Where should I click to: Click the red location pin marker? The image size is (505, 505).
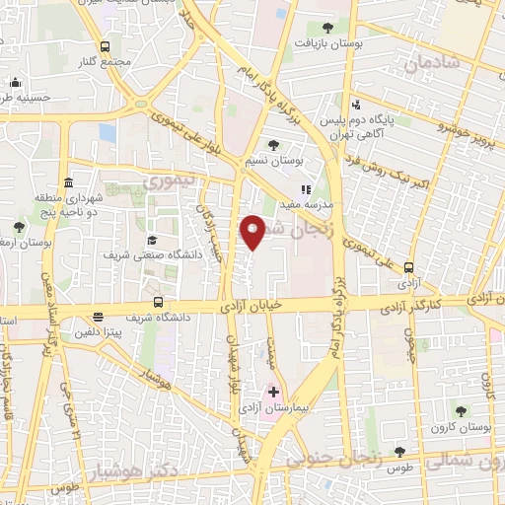point(253,231)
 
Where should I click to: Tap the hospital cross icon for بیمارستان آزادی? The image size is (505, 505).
point(273,392)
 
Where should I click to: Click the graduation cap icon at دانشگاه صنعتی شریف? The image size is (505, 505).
point(152,240)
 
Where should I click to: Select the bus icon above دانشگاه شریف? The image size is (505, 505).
point(159,304)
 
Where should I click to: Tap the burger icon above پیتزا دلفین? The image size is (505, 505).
point(99,318)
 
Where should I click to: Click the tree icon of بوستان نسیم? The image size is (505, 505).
point(273,145)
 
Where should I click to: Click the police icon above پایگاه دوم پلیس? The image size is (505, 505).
point(356,106)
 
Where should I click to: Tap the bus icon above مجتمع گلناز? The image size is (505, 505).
point(105,46)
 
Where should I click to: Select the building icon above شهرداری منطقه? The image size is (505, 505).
point(67,183)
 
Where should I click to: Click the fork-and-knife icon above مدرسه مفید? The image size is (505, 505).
point(306,189)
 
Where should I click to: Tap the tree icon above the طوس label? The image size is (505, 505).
point(399,452)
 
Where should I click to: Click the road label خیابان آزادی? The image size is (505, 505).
point(254,306)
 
